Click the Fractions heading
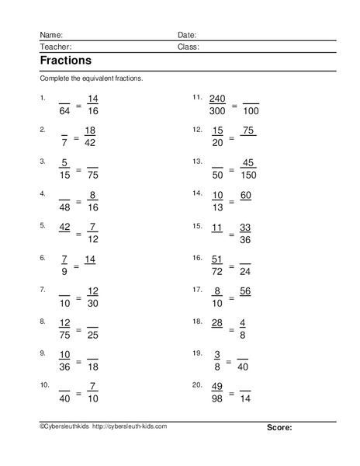64,61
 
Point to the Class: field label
189,47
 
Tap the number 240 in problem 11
217,99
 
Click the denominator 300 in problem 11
217,113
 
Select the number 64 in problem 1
64,113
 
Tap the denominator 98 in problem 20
217,400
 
